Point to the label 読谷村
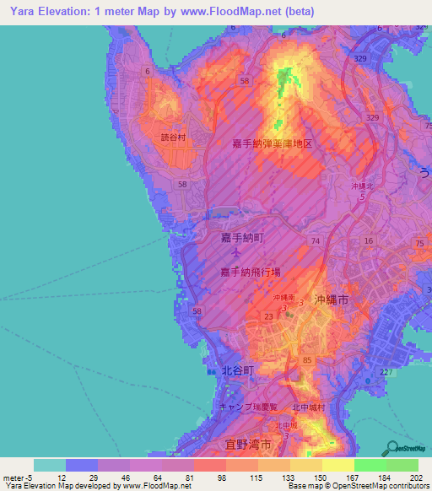point(172,134)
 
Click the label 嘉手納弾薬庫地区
point(273,144)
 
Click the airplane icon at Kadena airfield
point(238,253)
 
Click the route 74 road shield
point(315,241)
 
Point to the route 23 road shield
point(267,316)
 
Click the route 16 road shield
point(368,241)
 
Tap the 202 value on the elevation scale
point(413,478)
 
